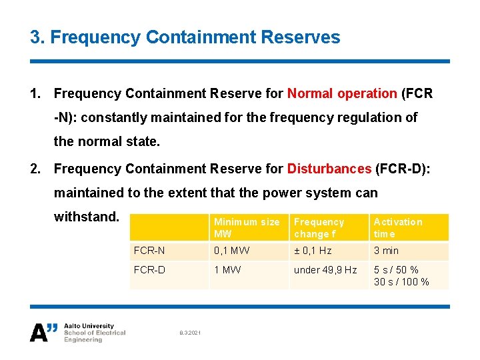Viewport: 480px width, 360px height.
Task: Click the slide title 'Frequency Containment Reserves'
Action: point(185,37)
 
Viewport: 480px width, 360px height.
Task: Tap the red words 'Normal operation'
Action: point(342,93)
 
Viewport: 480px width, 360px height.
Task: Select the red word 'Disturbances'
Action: point(329,169)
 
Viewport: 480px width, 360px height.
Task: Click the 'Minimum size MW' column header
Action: point(247,228)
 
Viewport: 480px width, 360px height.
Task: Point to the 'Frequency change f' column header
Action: point(319,228)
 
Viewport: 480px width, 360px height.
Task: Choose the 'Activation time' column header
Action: point(398,228)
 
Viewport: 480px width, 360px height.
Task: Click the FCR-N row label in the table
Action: point(149,251)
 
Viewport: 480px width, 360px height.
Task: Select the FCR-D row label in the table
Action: point(149,270)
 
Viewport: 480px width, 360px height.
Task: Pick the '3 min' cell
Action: point(386,251)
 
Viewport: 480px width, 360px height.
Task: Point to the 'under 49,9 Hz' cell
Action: point(325,270)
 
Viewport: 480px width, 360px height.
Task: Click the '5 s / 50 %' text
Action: point(396,270)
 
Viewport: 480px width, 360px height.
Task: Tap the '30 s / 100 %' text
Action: point(401,282)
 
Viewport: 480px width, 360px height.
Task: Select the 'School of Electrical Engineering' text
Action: point(94,336)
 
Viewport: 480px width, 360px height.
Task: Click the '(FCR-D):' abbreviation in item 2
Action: point(403,169)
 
